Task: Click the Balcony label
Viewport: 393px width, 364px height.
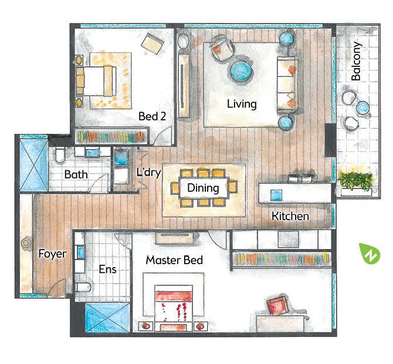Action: click(x=356, y=61)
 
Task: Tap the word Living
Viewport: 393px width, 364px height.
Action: click(x=242, y=104)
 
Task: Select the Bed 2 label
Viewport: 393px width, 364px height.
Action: click(x=152, y=116)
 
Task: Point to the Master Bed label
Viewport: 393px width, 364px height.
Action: click(x=174, y=260)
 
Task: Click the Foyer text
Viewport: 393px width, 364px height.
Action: click(x=52, y=254)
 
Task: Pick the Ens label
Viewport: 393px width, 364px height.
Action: click(x=107, y=269)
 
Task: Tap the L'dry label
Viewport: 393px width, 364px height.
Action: click(x=148, y=173)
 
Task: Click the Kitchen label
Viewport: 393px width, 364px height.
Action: click(x=290, y=216)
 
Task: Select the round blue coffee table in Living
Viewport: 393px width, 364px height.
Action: click(x=241, y=71)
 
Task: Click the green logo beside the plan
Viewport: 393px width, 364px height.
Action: click(x=370, y=254)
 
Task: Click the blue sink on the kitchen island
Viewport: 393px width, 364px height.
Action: click(x=276, y=195)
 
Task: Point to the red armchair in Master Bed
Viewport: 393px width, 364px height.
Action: click(x=277, y=305)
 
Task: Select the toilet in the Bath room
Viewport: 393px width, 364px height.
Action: click(x=60, y=155)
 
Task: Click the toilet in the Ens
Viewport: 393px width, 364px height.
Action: click(x=83, y=287)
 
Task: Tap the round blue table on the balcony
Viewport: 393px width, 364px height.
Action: click(x=363, y=107)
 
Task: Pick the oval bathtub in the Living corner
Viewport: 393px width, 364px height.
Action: click(x=184, y=41)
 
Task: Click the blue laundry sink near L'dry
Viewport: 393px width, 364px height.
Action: click(x=121, y=157)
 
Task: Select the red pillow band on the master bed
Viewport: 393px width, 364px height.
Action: click(x=174, y=296)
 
